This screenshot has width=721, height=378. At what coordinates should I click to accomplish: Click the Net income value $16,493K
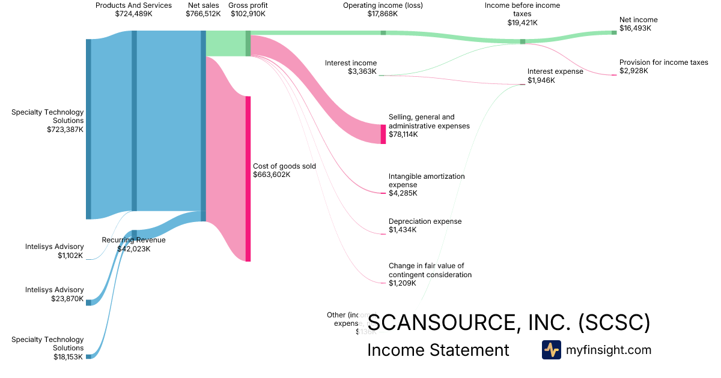pos(635,28)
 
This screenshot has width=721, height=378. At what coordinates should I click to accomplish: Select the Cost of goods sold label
pos(284,166)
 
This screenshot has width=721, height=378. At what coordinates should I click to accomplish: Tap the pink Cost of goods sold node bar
pos(248,178)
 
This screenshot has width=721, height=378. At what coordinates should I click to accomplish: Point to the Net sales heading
pos(203,5)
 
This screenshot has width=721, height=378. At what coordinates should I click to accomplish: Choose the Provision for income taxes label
pos(663,62)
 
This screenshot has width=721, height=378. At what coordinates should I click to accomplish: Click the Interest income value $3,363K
pos(362,71)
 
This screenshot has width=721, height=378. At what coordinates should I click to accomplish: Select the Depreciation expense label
pos(425,221)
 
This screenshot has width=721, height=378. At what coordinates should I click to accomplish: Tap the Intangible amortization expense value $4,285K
pos(403,193)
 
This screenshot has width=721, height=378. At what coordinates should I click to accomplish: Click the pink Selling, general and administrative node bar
pos(383,134)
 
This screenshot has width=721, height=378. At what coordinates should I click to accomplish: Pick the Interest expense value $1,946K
pos(541,80)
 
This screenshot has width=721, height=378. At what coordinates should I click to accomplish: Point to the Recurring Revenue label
pos(133,240)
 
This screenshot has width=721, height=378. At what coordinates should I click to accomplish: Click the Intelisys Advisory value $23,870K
pos(67,299)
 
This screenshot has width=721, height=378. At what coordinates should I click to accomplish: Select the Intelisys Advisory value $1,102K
pos(70,256)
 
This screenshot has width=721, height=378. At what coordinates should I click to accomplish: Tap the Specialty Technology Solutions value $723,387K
pos(65,129)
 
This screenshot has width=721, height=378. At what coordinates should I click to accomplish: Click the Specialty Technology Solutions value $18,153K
pos(67,357)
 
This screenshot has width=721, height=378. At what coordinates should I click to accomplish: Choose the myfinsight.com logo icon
pos(551,350)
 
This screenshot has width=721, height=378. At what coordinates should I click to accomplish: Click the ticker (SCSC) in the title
pos(614,323)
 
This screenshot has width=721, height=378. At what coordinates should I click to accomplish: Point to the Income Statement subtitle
pos(438,350)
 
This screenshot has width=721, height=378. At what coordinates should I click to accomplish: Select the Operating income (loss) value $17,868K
pos(382,14)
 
